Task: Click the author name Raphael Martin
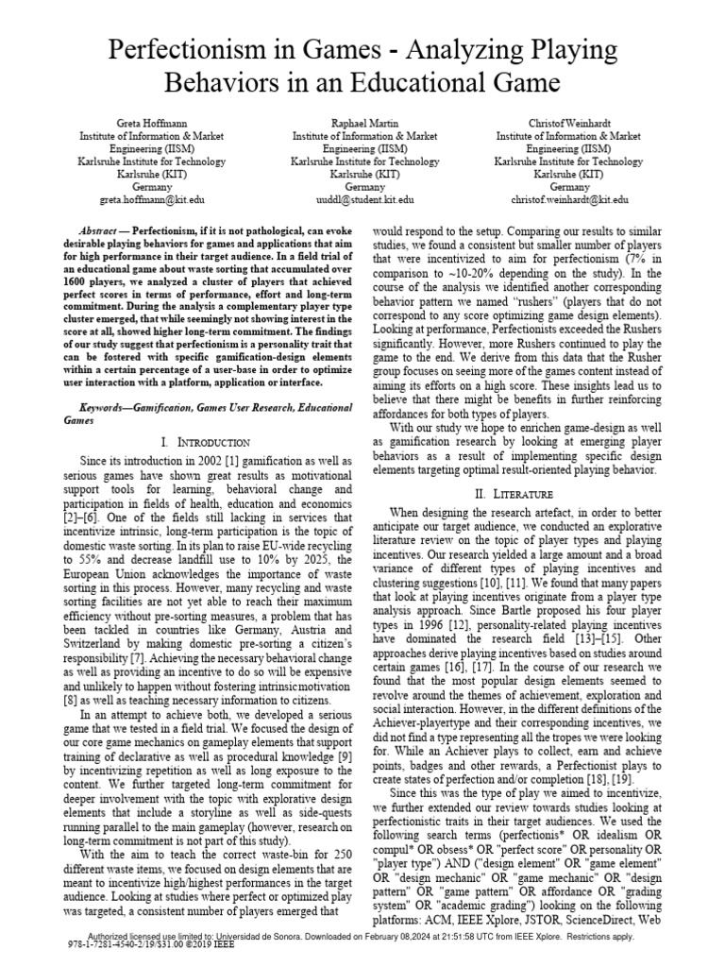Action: (363, 124)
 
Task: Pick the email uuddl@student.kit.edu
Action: (363, 200)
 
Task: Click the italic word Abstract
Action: (100, 231)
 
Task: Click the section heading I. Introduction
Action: (205, 442)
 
